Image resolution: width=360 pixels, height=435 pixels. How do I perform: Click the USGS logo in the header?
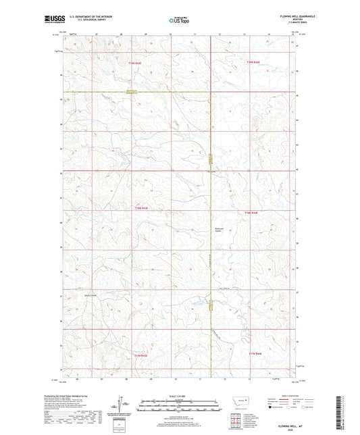[x=53, y=21]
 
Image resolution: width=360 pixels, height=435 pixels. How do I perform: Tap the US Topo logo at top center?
[x=179, y=21]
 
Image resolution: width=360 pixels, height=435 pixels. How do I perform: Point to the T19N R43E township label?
[x=136, y=63]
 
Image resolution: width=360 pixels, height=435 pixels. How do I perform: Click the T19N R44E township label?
[x=254, y=63]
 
